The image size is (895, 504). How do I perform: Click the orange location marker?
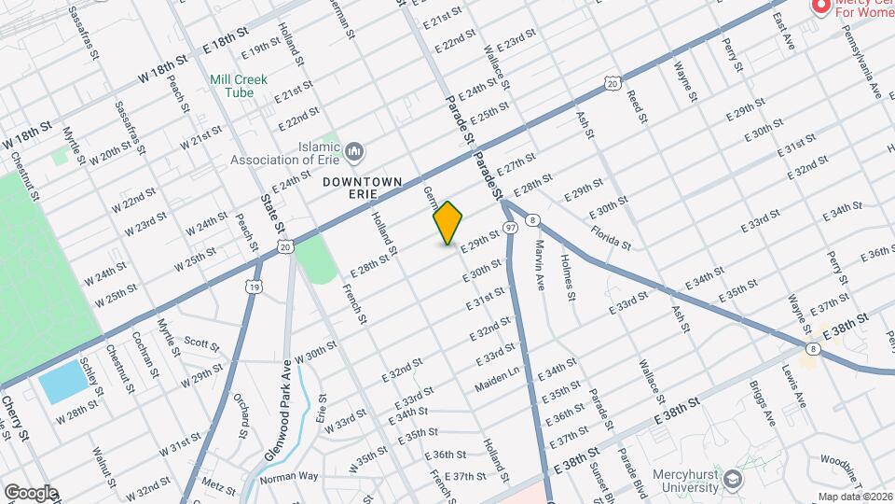[x=448, y=223]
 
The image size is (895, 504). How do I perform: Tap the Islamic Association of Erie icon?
[x=354, y=151]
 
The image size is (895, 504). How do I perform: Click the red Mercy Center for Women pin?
[x=820, y=7]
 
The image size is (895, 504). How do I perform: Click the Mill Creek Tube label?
[x=239, y=86]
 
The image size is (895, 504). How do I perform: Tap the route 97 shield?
[x=511, y=227]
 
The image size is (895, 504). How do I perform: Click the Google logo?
[x=31, y=492]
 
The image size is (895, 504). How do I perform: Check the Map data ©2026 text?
[x=855, y=497]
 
